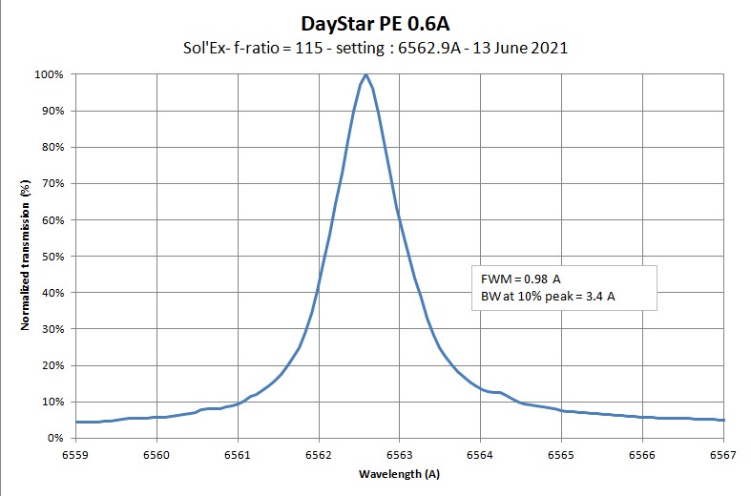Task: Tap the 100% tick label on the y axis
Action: pos(49,74)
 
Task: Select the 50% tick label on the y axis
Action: pos(52,257)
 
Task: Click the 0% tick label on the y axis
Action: pos(54,438)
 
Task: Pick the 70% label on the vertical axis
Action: pos(52,183)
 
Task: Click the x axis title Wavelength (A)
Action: pos(399,474)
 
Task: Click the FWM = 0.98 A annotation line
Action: pos(522,279)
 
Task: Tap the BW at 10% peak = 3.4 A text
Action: pos(549,297)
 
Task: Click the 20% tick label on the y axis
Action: pos(52,365)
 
